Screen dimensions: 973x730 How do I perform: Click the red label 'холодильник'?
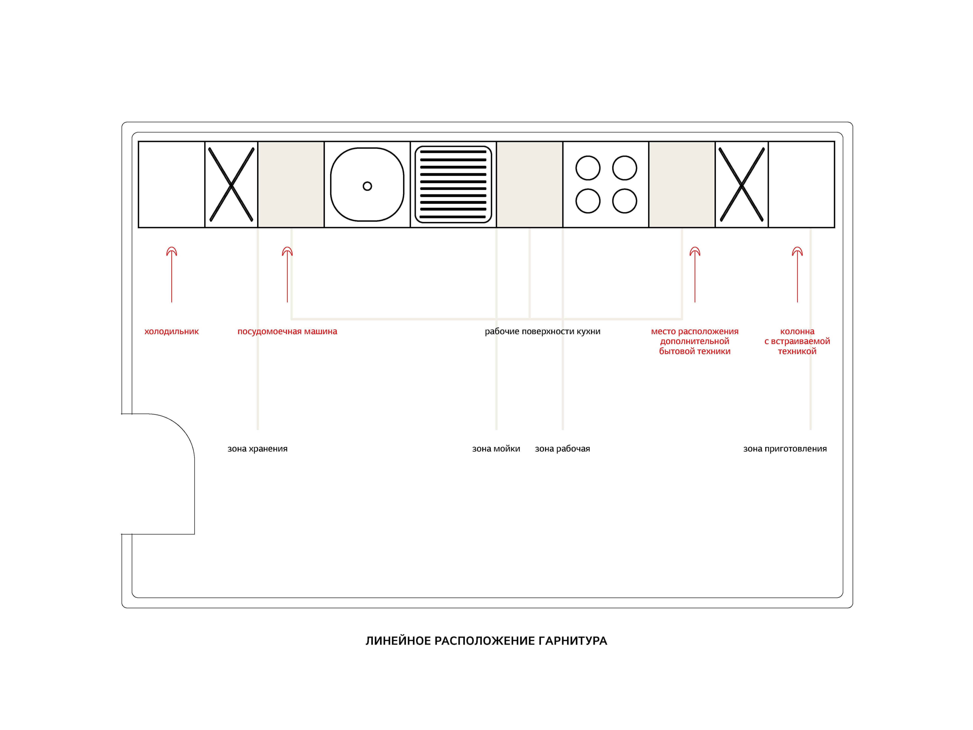tap(172, 331)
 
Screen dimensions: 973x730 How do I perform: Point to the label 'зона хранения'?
tap(257, 449)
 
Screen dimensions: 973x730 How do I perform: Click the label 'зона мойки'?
tap(496, 449)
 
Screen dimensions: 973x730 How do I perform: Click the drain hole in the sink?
tap(367, 186)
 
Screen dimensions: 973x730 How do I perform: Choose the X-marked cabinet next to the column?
tap(742, 184)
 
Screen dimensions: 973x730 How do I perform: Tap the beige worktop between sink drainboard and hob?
tap(530, 184)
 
